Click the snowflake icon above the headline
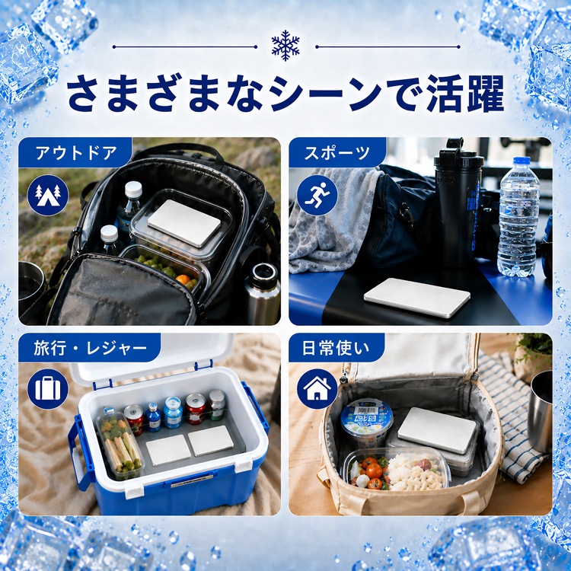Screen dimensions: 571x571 coord(285,46)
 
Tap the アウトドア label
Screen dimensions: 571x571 coord(76,152)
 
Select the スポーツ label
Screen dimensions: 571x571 coord(337,152)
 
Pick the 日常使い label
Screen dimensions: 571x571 coord(336,348)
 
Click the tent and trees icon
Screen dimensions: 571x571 coord(48,195)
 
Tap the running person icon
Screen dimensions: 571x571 coord(317,195)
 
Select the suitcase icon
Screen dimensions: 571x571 coord(48,389)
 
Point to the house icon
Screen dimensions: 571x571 coord(317,389)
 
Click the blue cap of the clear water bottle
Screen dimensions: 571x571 coord(522,161)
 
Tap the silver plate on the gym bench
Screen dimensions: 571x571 coord(416,298)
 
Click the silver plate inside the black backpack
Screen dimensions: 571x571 coord(184,223)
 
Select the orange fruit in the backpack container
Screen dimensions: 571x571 coord(183,279)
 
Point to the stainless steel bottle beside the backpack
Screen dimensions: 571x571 coord(262,294)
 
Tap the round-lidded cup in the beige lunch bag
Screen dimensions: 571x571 coord(367,423)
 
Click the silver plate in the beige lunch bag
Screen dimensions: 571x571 coord(437,430)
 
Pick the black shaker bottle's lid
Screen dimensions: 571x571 coord(458,154)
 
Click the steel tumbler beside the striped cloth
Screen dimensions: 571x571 coord(541,411)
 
